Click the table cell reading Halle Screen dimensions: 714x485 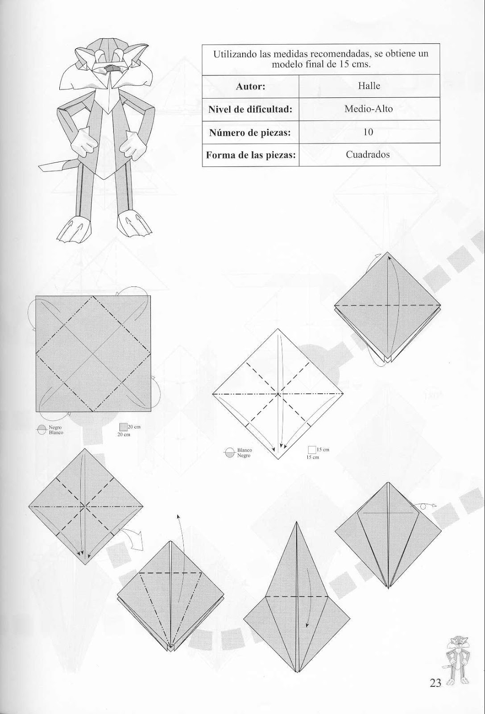click(369, 86)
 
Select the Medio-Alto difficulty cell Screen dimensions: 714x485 click(369, 108)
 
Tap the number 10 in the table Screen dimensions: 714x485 click(369, 132)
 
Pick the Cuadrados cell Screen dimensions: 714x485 click(368, 154)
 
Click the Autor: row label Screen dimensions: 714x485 click(250, 86)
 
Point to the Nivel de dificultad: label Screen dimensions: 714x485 click(250, 109)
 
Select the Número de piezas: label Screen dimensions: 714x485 click(250, 132)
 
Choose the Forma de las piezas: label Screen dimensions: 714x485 click(250, 155)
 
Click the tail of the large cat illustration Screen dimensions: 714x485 click(51, 167)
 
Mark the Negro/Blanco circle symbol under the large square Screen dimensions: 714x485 click(42, 429)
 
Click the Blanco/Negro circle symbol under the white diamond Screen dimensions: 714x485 click(229, 452)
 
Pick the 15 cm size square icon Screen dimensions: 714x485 click(312, 450)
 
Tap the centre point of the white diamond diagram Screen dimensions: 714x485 click(278, 394)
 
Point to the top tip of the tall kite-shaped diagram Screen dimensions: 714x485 click(296, 523)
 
